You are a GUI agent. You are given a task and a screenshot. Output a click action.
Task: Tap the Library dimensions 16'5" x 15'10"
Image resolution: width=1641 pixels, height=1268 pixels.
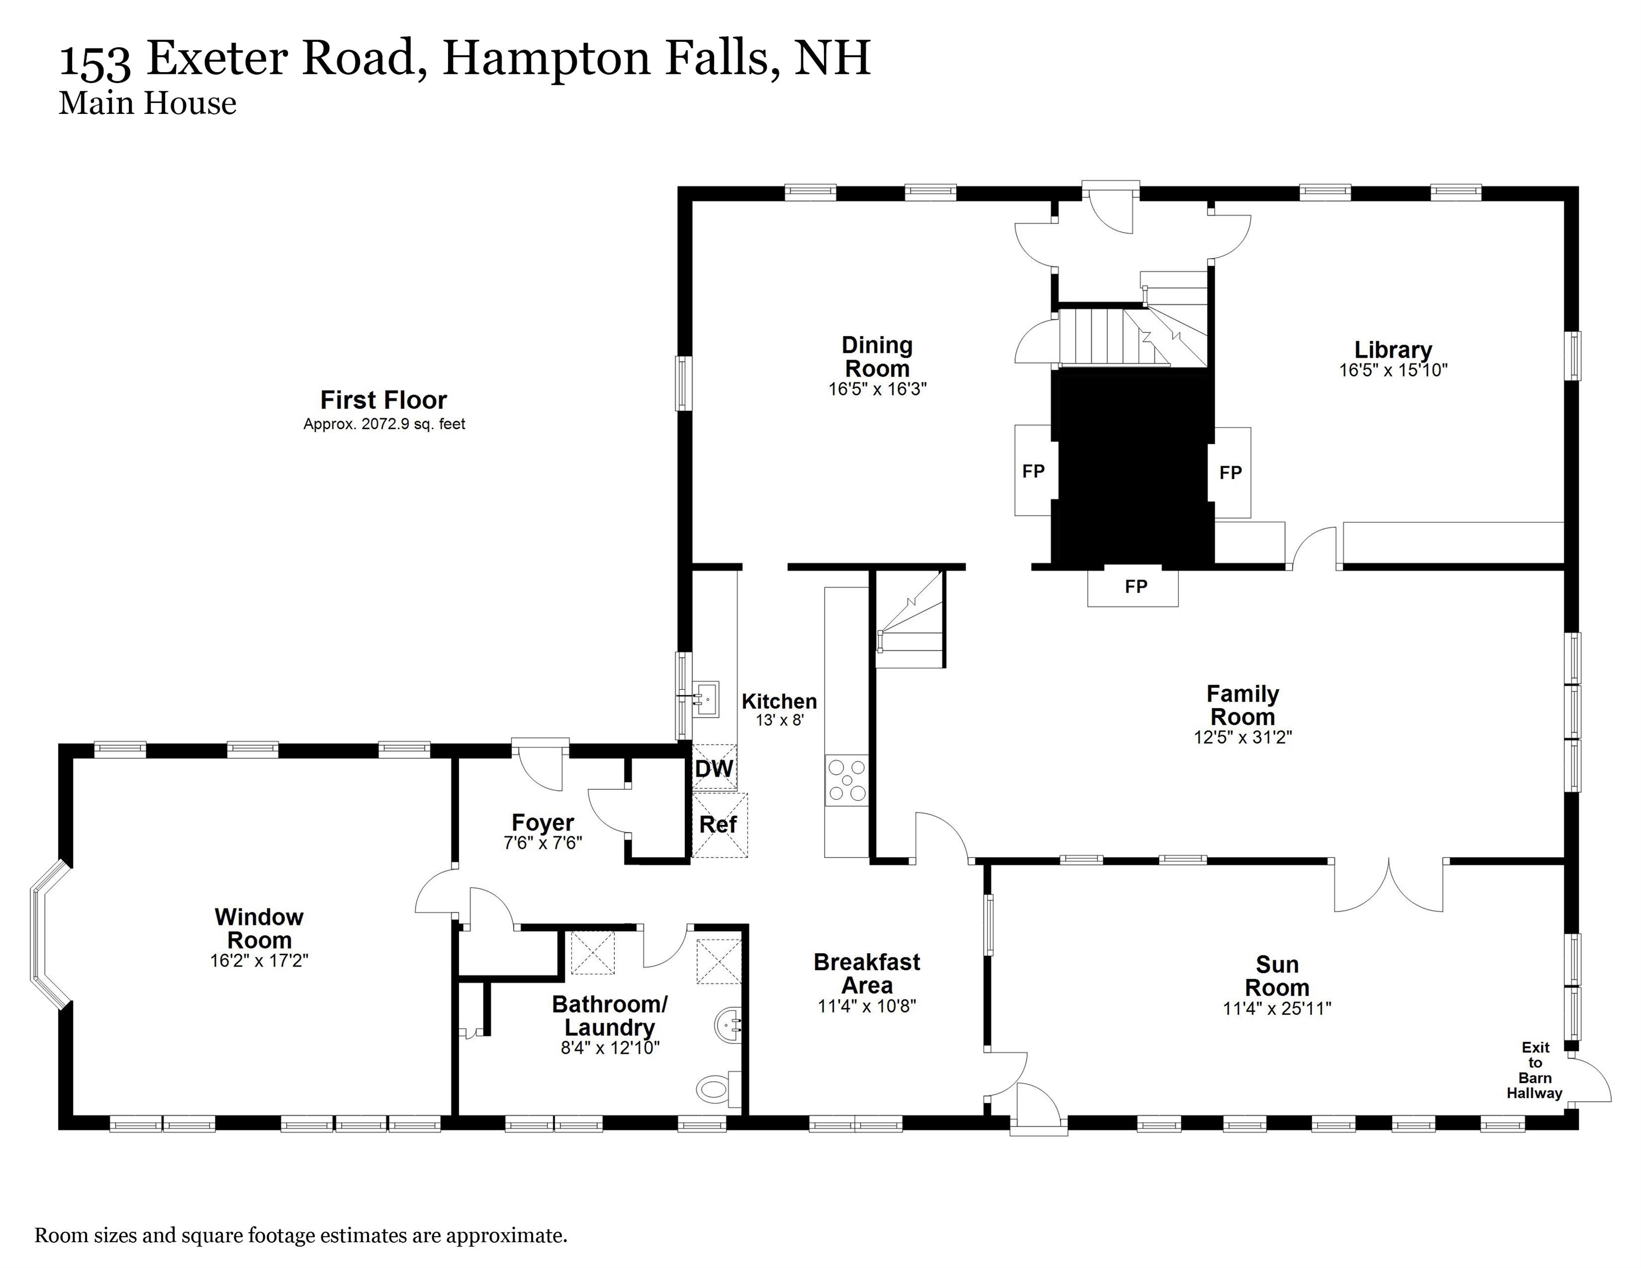click(1393, 370)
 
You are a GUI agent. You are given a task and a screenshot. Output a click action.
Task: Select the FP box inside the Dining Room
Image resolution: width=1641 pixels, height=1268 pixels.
click(1033, 471)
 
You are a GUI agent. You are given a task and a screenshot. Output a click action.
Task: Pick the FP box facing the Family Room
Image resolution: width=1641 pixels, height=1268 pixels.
click(1133, 587)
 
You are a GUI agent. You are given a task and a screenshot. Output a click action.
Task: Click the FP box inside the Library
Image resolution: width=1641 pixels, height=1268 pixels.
click(1230, 473)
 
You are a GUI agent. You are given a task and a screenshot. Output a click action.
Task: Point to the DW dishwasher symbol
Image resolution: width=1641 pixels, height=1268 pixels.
click(714, 768)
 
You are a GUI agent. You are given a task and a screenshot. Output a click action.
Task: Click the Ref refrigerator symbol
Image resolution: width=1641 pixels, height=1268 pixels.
click(719, 825)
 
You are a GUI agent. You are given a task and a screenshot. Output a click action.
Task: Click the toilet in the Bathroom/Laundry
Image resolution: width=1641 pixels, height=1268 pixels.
click(716, 1087)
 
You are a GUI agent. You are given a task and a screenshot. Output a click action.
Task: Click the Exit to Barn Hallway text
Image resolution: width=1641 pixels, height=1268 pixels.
click(1534, 1070)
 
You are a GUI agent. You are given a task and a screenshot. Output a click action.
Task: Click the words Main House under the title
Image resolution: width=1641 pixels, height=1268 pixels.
click(148, 103)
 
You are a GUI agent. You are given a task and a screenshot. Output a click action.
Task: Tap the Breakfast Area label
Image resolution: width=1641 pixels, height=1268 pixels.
click(866, 974)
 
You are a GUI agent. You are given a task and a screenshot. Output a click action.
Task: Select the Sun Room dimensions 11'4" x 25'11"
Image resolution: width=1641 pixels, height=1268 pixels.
click(1277, 1009)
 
